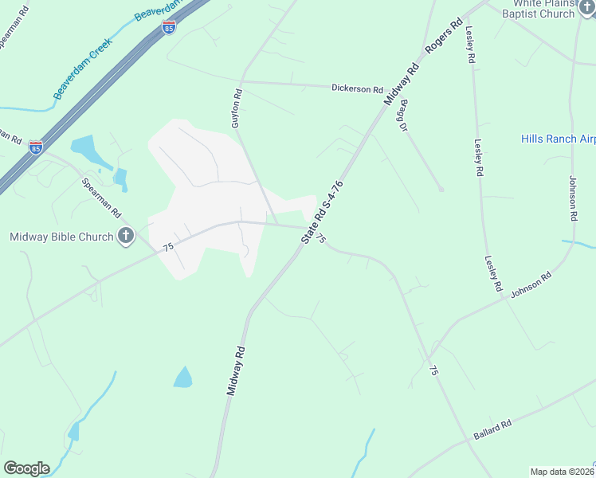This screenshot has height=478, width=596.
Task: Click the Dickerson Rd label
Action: pyautogui.click(x=357, y=88)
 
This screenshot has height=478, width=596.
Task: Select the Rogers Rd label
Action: pyautogui.click(x=444, y=36)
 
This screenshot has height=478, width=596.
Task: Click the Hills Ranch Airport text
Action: pyautogui.click(x=558, y=139)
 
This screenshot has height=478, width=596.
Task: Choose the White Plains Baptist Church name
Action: pyautogui.click(x=542, y=9)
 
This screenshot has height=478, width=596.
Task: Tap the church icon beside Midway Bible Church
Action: pyautogui.click(x=125, y=235)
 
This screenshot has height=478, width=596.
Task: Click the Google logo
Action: pyautogui.click(x=26, y=468)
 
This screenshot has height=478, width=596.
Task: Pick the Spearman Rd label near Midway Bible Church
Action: pyautogui.click(x=101, y=198)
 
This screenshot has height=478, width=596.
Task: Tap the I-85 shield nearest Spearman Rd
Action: pyautogui.click(x=35, y=147)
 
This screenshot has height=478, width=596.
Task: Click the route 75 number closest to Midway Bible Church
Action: pyautogui.click(x=168, y=248)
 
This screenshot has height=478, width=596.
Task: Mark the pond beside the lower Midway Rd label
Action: pyautogui.click(x=183, y=377)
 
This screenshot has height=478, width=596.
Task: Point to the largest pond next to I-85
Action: pyautogui.click(x=86, y=149)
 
